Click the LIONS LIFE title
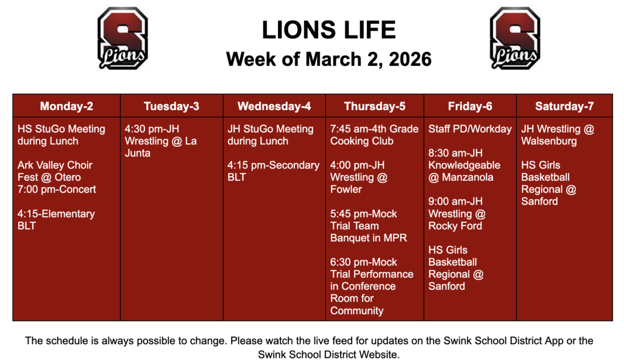pyautogui.click(x=328, y=30)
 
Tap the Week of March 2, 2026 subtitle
pyautogui.click(x=328, y=59)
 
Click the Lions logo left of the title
pyautogui.click(x=122, y=38)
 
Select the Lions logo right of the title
pyautogui.click(x=515, y=38)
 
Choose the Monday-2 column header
pyautogui.click(x=66, y=107)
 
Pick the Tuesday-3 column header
pyautogui.click(x=171, y=107)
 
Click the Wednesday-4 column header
pyautogui.click(x=274, y=107)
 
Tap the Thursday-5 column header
pyautogui.click(x=375, y=107)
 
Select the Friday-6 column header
pyautogui.click(x=470, y=107)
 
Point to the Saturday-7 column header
pyautogui.click(x=564, y=107)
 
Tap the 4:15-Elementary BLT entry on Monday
pyautogui.click(x=56, y=220)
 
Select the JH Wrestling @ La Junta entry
pyautogui.click(x=161, y=141)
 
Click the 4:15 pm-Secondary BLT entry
pyautogui.click(x=273, y=171)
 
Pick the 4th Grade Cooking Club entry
pyautogui.click(x=374, y=135)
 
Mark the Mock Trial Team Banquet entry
pyautogui.click(x=368, y=225)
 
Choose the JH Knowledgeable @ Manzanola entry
pyautogui.click(x=464, y=165)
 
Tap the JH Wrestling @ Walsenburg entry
pyautogui.click(x=557, y=135)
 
